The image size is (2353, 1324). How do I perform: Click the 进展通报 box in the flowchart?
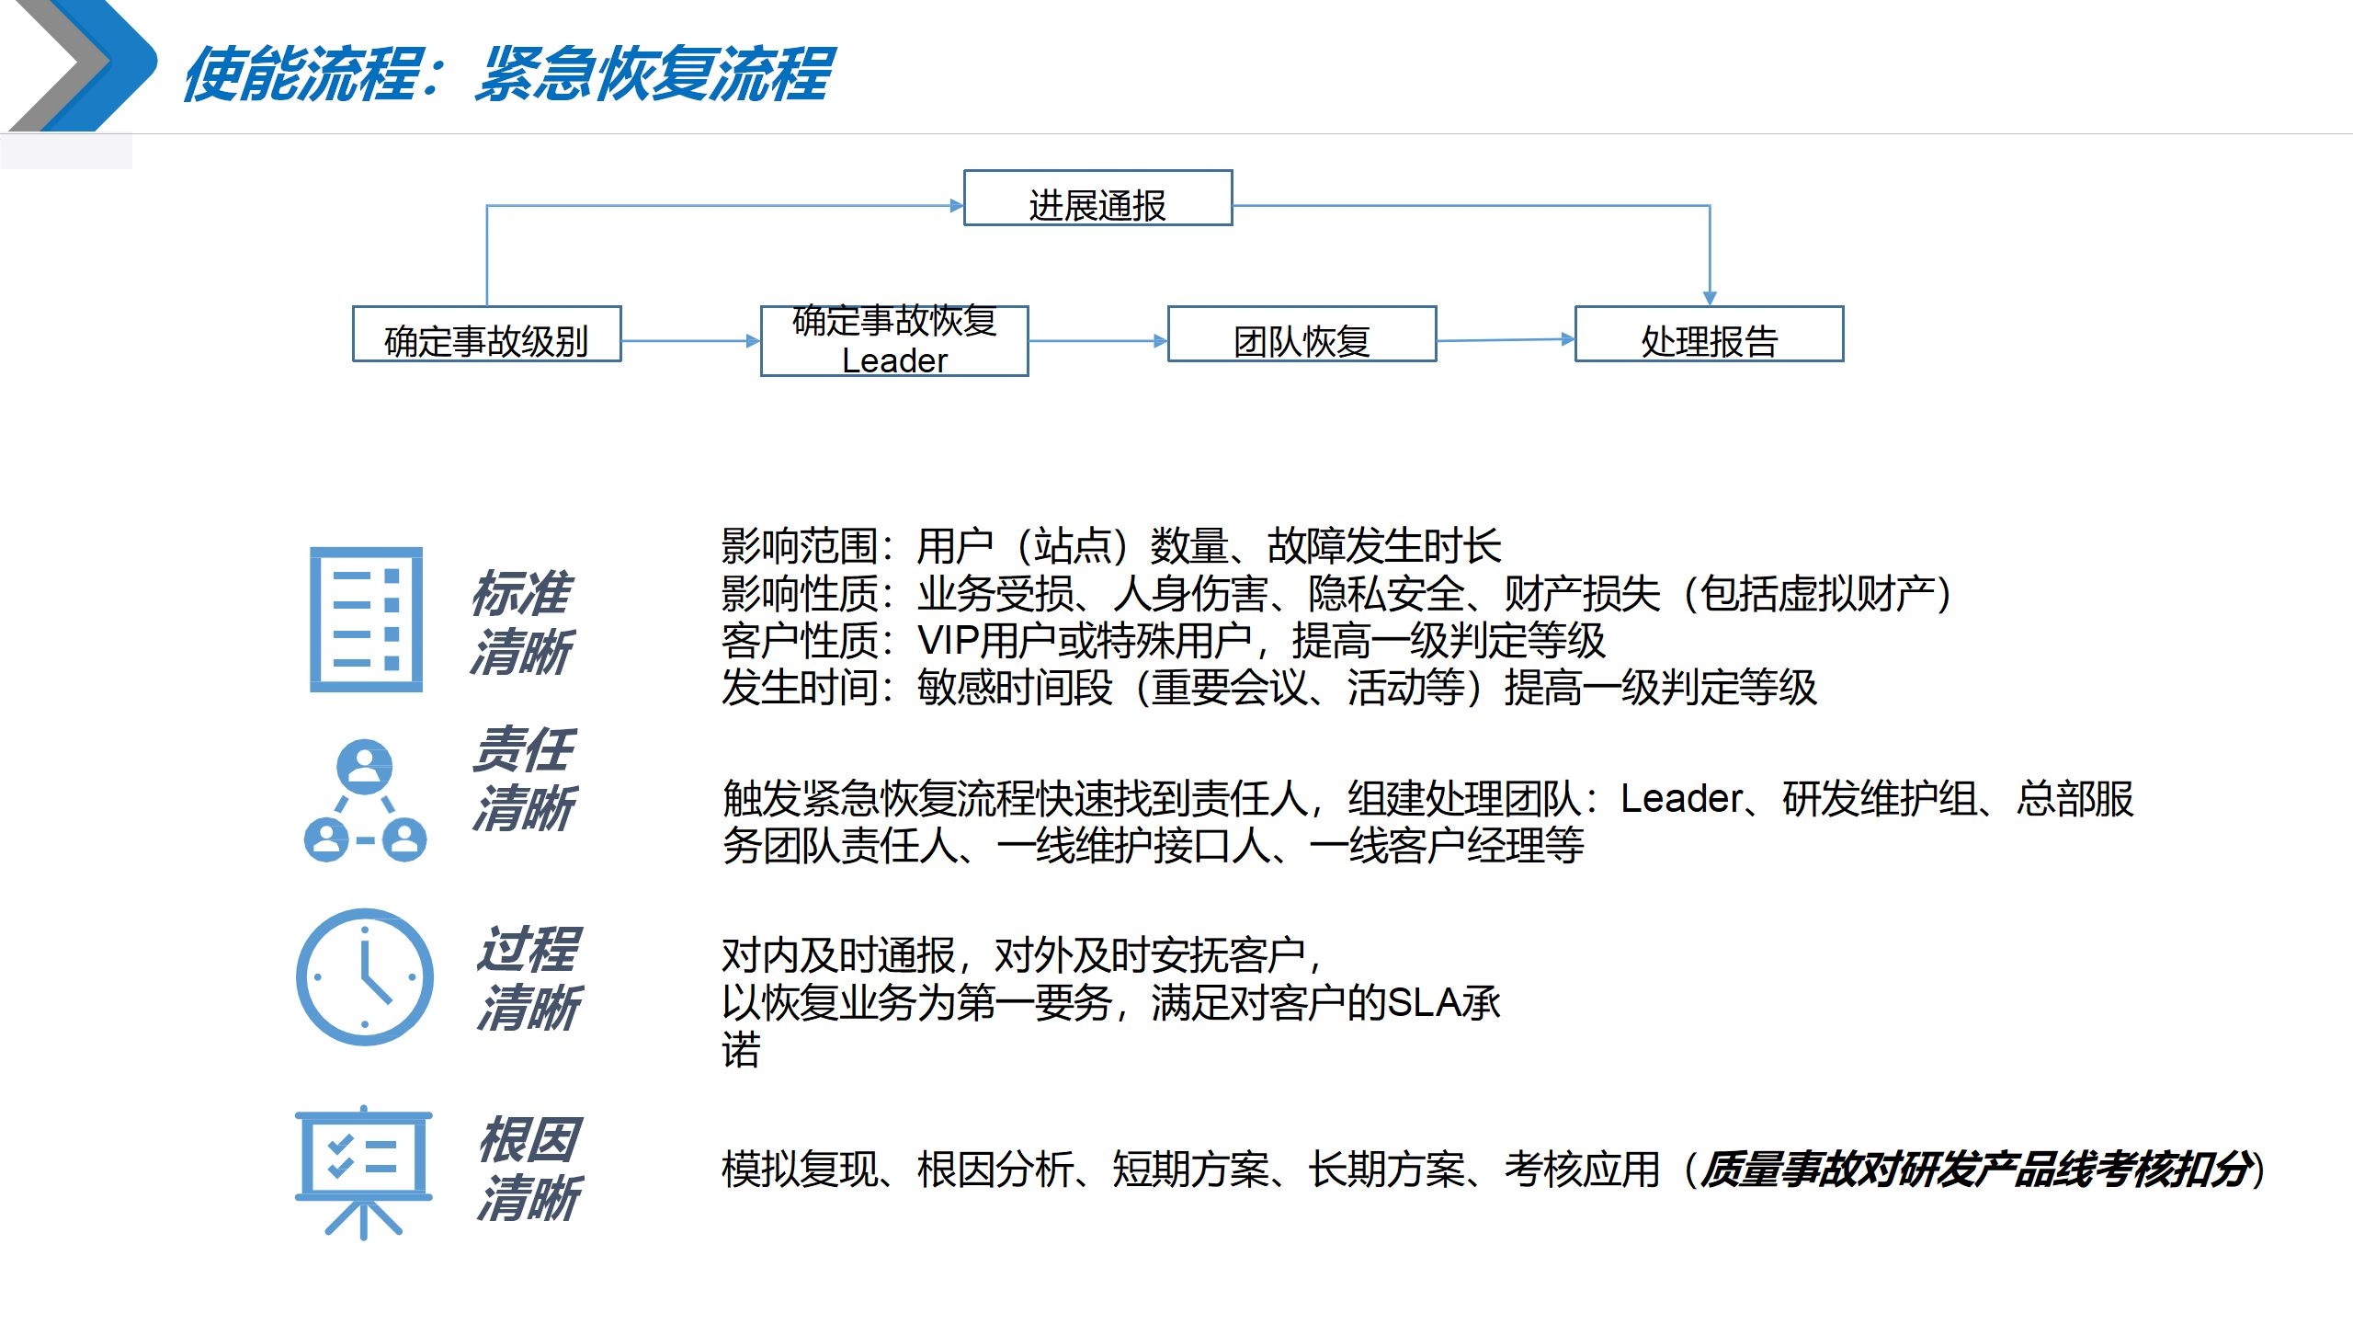(x=1097, y=199)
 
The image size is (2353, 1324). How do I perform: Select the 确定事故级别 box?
(x=486, y=335)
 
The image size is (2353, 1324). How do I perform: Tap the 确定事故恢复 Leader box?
(x=894, y=341)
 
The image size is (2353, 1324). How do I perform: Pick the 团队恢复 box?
(x=1302, y=335)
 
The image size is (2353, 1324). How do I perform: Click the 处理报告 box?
(x=1709, y=335)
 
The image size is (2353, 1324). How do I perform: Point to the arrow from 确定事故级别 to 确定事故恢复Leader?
(x=690, y=341)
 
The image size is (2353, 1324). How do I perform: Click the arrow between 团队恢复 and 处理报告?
(x=1506, y=340)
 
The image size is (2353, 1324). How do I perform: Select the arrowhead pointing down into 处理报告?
(x=1710, y=297)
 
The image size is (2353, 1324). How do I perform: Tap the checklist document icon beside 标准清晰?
(x=366, y=619)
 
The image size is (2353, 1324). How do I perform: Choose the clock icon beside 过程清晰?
(x=365, y=976)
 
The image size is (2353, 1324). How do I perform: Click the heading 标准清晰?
(x=522, y=622)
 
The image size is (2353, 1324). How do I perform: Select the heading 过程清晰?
(x=529, y=978)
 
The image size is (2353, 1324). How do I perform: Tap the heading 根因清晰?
(x=529, y=1170)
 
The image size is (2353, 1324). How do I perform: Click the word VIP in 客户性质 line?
(x=947, y=641)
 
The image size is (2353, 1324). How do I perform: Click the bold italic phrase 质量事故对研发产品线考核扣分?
(x=1976, y=1170)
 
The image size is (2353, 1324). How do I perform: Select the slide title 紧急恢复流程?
(x=654, y=74)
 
